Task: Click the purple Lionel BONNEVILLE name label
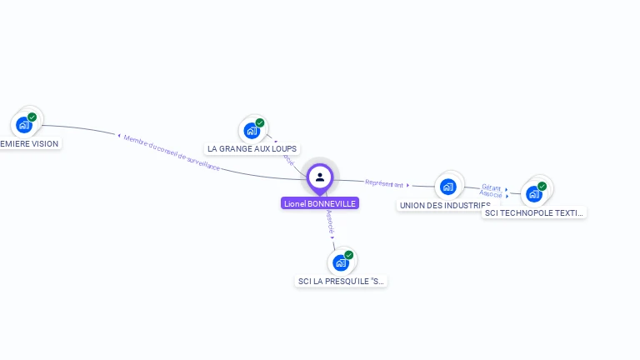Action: tap(320, 203)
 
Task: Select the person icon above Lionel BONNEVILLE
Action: tap(320, 177)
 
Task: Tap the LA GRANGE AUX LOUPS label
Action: tap(252, 148)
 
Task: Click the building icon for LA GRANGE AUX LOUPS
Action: tap(252, 131)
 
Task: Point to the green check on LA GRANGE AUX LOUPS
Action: tap(260, 122)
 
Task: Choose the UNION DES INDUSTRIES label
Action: tap(444, 205)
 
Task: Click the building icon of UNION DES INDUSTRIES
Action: tap(448, 187)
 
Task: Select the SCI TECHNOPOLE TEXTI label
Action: tap(534, 212)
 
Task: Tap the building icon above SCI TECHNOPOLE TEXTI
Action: tap(534, 194)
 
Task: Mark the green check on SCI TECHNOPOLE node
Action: tap(542, 186)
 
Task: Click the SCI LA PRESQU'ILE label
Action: tap(342, 281)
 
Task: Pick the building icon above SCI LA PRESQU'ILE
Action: tap(340, 262)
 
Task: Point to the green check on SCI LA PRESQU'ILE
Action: tap(349, 254)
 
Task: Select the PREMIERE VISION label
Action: tap(30, 143)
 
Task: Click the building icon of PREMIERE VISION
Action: tap(23, 125)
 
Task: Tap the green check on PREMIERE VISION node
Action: tap(32, 117)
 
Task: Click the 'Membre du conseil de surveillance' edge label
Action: tap(172, 152)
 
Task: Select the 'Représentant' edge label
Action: tap(384, 183)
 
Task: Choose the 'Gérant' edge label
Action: tap(491, 187)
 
